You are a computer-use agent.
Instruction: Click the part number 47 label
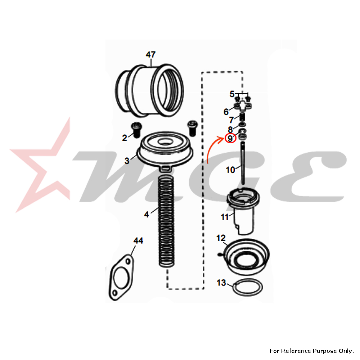150,54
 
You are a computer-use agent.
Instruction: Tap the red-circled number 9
230,139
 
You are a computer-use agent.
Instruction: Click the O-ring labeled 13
248,287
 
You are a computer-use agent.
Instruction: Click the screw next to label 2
136,130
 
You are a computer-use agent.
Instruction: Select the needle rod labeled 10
243,163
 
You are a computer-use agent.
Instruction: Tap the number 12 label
221,238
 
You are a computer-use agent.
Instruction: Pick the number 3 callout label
127,161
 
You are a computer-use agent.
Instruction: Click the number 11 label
225,217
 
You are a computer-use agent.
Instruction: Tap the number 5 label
232,94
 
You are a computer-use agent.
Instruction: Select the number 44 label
138,240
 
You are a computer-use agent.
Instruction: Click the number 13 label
221,283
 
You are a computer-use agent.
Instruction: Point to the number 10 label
230,170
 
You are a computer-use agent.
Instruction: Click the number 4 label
147,215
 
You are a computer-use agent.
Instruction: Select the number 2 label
125,138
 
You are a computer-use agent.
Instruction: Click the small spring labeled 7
243,117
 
